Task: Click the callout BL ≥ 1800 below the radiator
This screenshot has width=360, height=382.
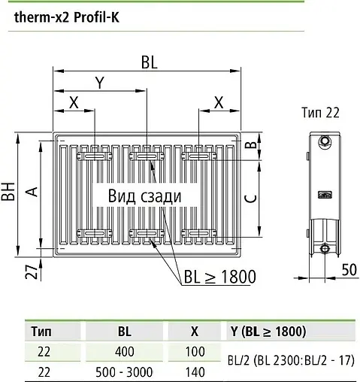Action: coord(219,276)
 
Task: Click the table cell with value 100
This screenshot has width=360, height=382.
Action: coord(195,350)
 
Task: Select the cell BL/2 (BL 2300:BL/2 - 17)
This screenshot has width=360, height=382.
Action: coord(289,359)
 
